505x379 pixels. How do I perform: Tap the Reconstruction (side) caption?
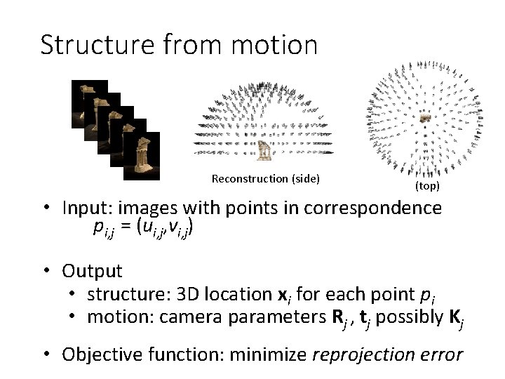click(x=265, y=179)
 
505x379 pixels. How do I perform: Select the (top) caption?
click(x=426, y=187)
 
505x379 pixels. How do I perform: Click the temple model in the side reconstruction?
click(x=264, y=150)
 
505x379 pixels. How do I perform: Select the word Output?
click(x=92, y=270)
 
